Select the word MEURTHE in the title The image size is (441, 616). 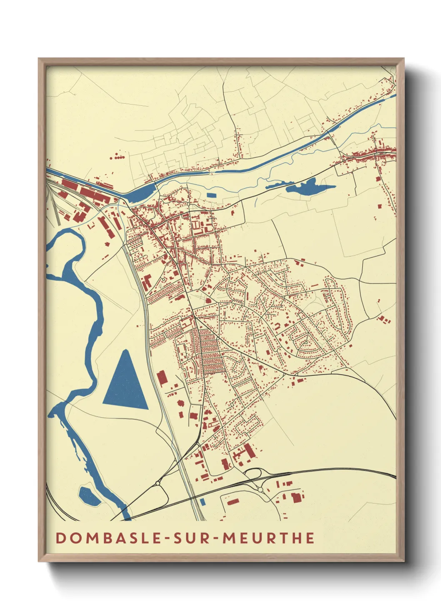tap(268, 538)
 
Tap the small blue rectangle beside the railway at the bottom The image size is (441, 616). tap(203, 502)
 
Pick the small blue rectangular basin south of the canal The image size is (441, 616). tap(212, 195)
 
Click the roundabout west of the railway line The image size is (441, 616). tap(158, 483)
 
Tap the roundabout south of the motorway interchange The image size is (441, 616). tap(261, 490)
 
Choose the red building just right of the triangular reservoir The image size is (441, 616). tap(162, 378)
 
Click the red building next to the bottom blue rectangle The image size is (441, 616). tap(232, 502)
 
